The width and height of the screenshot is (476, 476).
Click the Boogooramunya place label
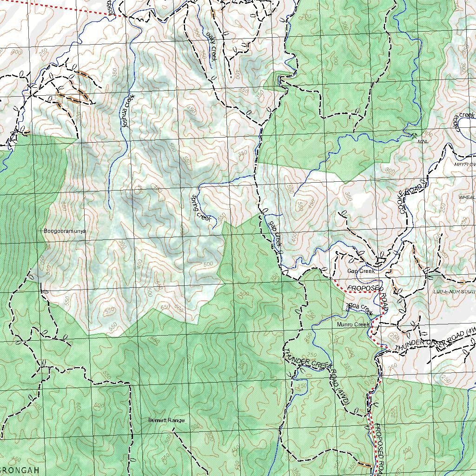[x=65, y=231]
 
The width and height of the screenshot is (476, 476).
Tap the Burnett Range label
[x=166, y=420]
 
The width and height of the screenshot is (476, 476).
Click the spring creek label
[x=201, y=208]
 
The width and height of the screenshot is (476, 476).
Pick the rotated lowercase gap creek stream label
[x=275, y=233]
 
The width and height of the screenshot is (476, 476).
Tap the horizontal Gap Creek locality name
[x=360, y=271]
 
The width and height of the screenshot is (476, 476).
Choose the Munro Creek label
[x=353, y=324]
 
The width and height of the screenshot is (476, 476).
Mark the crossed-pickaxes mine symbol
[x=414, y=136]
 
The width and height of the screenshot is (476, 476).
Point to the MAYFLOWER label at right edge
[x=465, y=165]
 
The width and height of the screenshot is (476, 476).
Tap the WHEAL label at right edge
[x=467, y=198]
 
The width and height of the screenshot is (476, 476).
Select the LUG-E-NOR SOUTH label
[x=454, y=292]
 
